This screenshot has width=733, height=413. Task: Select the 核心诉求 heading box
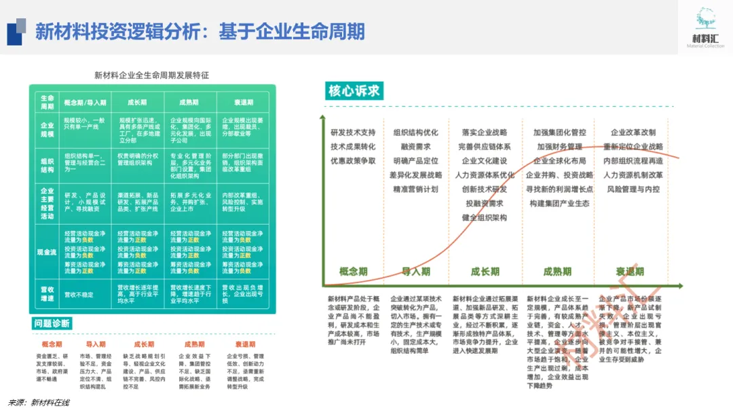pyautogui.click(x=354, y=91)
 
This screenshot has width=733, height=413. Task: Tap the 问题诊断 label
pyautogui.click(x=52, y=323)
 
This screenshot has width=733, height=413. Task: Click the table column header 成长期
pyautogui.click(x=138, y=103)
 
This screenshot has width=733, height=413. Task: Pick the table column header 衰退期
pyautogui.click(x=244, y=103)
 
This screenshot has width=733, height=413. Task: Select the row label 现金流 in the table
pyautogui.click(x=47, y=252)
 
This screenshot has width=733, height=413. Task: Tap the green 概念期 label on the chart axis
pyautogui.click(x=354, y=272)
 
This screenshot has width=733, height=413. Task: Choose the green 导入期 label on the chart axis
pyautogui.click(x=415, y=272)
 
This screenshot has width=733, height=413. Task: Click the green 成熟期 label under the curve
pyautogui.click(x=557, y=272)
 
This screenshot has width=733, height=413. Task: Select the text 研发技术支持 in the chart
pyautogui.click(x=353, y=132)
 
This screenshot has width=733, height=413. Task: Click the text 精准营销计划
pyautogui.click(x=415, y=189)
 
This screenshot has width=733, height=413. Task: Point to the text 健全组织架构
pyautogui.click(x=485, y=217)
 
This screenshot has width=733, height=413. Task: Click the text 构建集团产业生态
pyautogui.click(x=559, y=203)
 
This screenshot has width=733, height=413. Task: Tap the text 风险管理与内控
pyautogui.click(x=633, y=189)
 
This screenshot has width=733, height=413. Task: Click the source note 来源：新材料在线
pyautogui.click(x=39, y=403)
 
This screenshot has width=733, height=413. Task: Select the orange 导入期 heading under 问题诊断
pyautogui.click(x=96, y=344)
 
